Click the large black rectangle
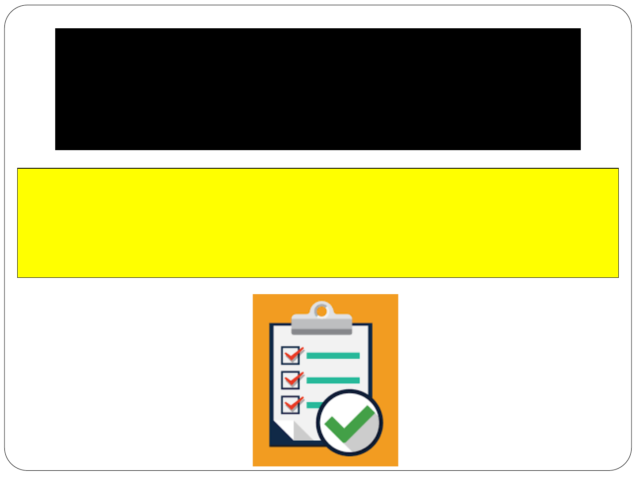(318, 89)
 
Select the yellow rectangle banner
(318, 223)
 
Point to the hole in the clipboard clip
(322, 311)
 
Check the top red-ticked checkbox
(291, 356)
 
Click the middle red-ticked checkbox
(291, 380)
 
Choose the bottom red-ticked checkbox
(291, 404)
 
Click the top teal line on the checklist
(333, 356)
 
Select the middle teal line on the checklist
(333, 380)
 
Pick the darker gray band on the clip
(322, 331)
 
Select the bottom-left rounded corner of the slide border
(11, 464)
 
